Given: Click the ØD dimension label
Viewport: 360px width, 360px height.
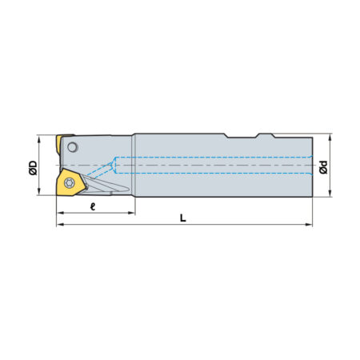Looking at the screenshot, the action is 33,167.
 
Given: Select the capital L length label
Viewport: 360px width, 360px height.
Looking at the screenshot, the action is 182,218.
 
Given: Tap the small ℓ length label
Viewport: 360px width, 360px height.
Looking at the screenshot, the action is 93,206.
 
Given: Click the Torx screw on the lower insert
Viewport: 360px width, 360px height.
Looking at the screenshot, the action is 70,183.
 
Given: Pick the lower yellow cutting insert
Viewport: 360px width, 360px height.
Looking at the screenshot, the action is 71,182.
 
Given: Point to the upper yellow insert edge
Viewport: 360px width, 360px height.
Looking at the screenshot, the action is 59,144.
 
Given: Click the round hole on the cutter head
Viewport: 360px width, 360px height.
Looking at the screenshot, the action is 73,147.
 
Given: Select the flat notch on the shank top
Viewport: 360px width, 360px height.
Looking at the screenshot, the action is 242,138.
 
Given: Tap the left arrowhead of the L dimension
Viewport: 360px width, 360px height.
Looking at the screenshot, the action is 60,225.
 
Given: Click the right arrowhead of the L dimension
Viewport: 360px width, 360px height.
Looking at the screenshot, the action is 309,225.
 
